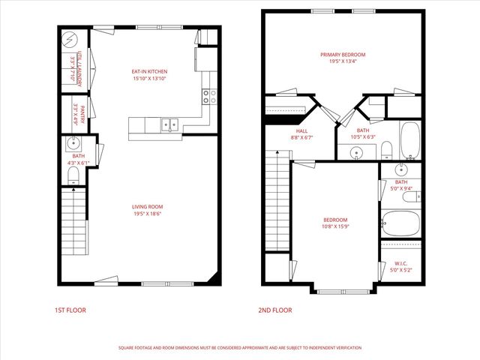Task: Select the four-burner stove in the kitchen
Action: point(208,95)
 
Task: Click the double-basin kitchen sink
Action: point(169,124)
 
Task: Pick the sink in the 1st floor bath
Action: point(74,144)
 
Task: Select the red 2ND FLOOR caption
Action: point(276,310)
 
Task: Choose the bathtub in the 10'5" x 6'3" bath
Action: point(409,139)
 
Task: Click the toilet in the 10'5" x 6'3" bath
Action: point(385,149)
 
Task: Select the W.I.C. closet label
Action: point(400,263)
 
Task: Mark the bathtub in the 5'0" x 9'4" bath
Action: point(400,222)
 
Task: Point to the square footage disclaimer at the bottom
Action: point(240,348)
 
